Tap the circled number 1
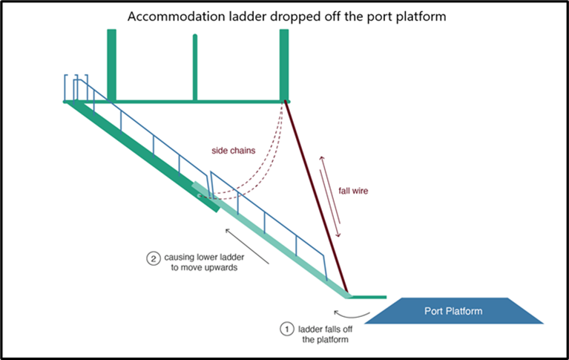pos(286,327)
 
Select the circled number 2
pos(152,259)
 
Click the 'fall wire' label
pos(353,191)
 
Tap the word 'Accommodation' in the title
pos(170,16)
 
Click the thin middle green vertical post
pos(195,67)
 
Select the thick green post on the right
pos(283,63)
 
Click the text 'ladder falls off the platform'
pos(325,333)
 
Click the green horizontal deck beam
pos(197,101)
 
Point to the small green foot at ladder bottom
pos(367,296)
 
